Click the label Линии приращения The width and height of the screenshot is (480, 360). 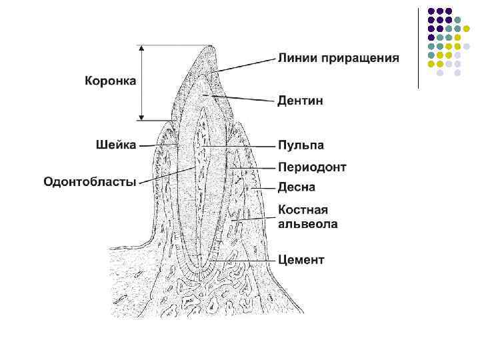[338, 58]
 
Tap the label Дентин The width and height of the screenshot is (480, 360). [300, 101]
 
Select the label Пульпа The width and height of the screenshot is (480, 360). [301, 145]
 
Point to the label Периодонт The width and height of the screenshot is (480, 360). [311, 167]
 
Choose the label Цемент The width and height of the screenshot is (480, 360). [301, 259]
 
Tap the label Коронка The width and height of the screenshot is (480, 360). [110, 81]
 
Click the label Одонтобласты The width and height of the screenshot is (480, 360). [90, 181]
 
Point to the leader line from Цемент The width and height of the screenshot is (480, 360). [240, 259]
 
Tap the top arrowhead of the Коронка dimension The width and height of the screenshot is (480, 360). [141, 47]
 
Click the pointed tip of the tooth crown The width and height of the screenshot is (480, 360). [211, 47]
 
